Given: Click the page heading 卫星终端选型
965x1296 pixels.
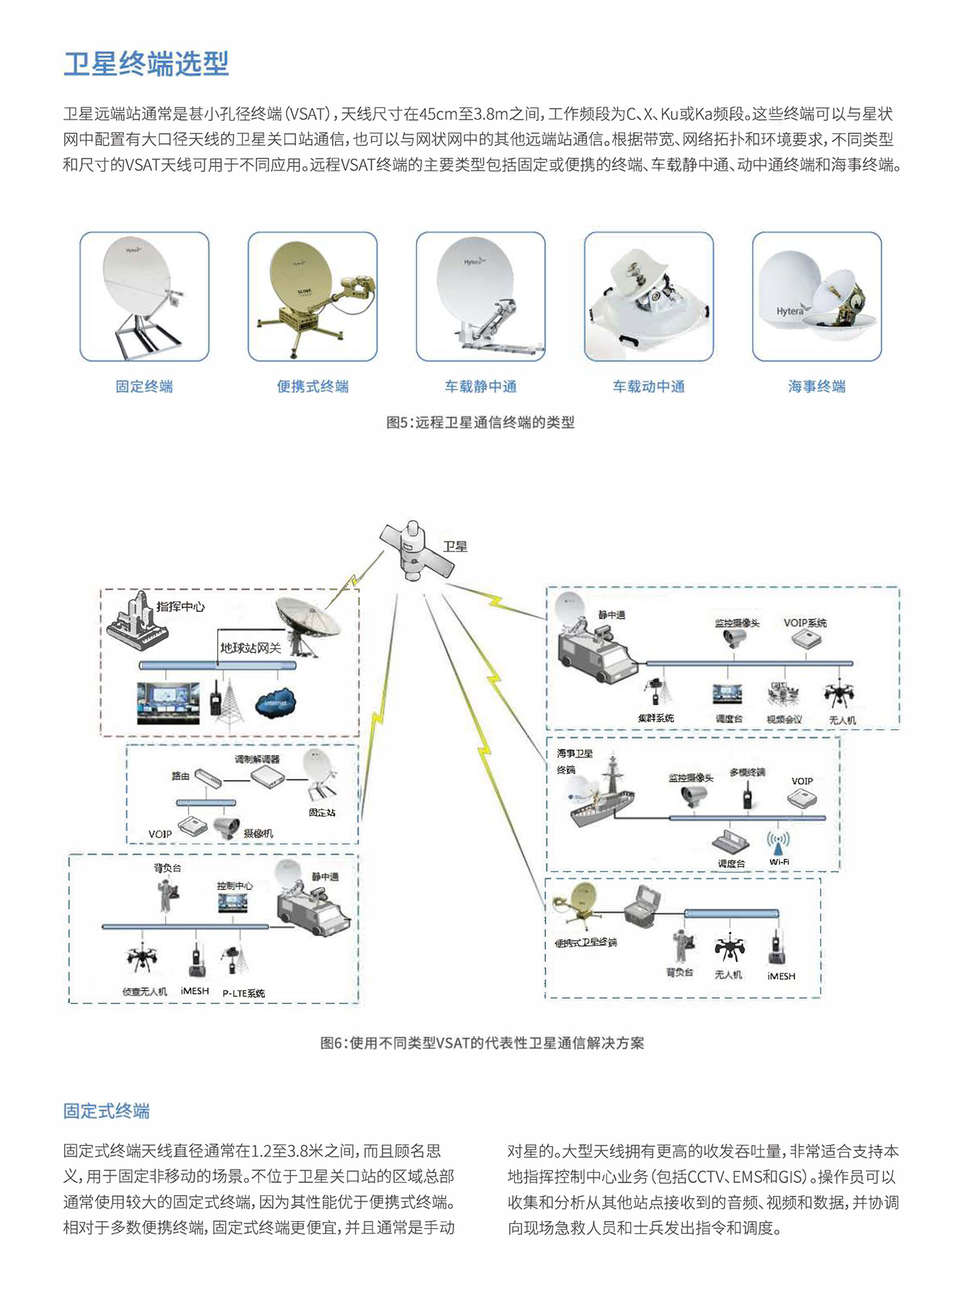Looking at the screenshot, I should [146, 64].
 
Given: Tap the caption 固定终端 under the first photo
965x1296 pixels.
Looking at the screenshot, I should [144, 387].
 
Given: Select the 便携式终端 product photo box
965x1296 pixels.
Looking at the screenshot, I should [313, 296].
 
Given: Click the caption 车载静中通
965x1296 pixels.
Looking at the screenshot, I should [480, 387].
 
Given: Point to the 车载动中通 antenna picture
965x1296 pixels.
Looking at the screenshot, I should [648, 296].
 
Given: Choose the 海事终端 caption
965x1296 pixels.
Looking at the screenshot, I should [817, 387].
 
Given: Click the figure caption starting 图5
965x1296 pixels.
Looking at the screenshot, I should [480, 423].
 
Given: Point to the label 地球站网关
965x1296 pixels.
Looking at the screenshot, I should [251, 648].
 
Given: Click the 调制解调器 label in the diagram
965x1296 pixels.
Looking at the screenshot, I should [257, 759].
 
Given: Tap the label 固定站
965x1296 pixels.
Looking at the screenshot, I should [322, 812].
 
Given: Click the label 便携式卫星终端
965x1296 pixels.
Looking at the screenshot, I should [585, 942].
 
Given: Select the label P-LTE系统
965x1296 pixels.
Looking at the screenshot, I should [243, 993].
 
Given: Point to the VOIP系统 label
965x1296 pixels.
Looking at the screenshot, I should [804, 623].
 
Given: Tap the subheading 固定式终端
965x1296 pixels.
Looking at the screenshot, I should [107, 1111].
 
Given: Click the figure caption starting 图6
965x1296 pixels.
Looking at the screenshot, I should [482, 1043].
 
